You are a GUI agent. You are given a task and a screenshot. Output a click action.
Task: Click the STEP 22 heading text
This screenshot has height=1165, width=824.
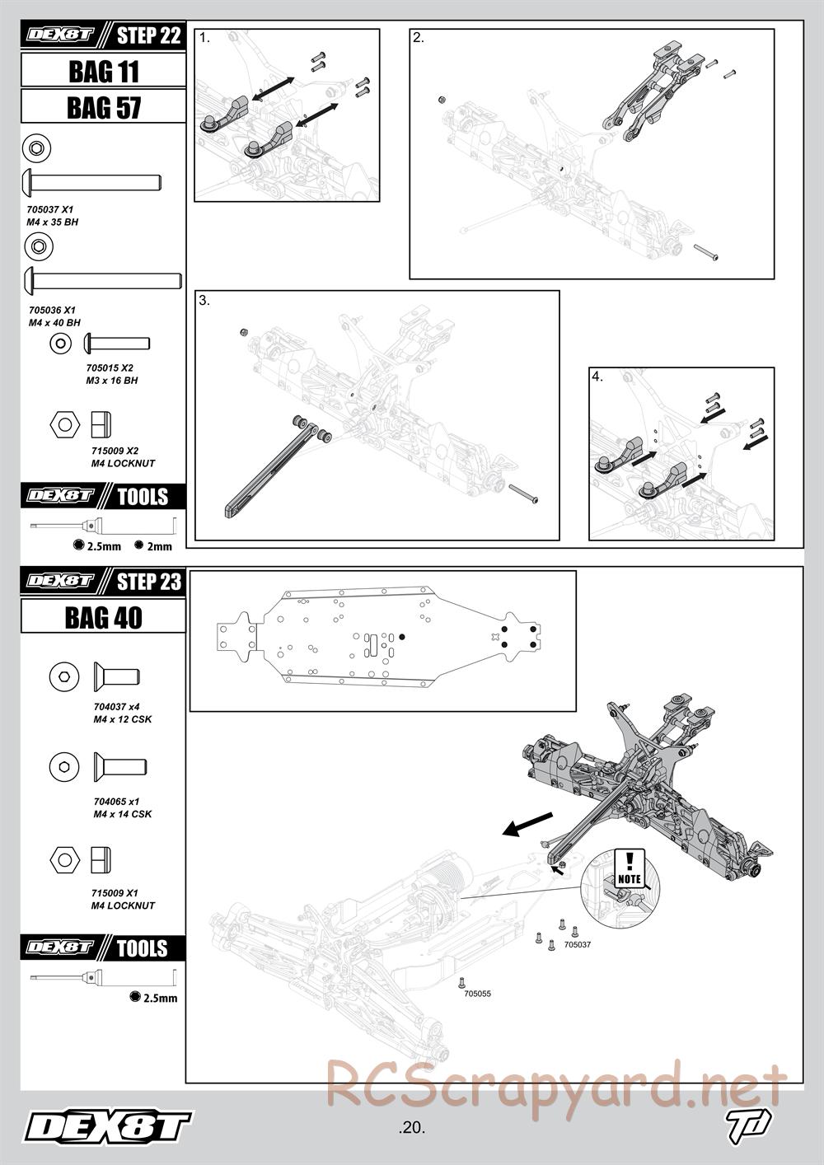click(148, 35)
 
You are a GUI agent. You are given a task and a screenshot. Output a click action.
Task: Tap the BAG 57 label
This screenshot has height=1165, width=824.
click(104, 108)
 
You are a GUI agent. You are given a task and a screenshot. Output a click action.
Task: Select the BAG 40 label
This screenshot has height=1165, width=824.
click(104, 617)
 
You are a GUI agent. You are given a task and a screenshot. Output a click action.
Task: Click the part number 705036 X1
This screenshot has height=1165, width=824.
click(52, 310)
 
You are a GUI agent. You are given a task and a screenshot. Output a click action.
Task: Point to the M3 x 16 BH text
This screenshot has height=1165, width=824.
click(112, 380)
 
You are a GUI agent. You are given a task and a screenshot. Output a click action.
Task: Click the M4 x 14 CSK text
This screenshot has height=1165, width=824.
click(123, 814)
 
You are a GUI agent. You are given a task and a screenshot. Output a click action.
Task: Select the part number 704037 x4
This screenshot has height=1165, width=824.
click(116, 707)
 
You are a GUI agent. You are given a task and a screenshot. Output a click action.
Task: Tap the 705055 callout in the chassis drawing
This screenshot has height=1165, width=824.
click(477, 994)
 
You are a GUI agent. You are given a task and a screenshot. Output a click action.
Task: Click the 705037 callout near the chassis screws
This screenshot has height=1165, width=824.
click(578, 944)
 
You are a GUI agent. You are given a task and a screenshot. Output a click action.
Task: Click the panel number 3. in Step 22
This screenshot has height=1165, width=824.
click(204, 300)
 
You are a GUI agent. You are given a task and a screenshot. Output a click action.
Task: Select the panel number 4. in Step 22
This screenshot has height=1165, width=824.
click(597, 377)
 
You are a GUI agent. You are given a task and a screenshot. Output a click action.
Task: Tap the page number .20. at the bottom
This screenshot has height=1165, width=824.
click(411, 1128)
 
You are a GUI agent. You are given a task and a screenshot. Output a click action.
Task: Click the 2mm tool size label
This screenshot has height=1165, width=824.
click(159, 546)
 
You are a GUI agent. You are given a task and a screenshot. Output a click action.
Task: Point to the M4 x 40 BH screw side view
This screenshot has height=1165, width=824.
click(103, 281)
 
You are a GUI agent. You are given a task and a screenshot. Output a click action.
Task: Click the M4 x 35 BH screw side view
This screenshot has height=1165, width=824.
click(92, 183)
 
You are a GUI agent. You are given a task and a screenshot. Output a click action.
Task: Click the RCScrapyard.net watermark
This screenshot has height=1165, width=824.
click(556, 1084)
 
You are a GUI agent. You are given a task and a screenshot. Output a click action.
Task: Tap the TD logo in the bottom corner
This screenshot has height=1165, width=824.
click(748, 1125)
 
